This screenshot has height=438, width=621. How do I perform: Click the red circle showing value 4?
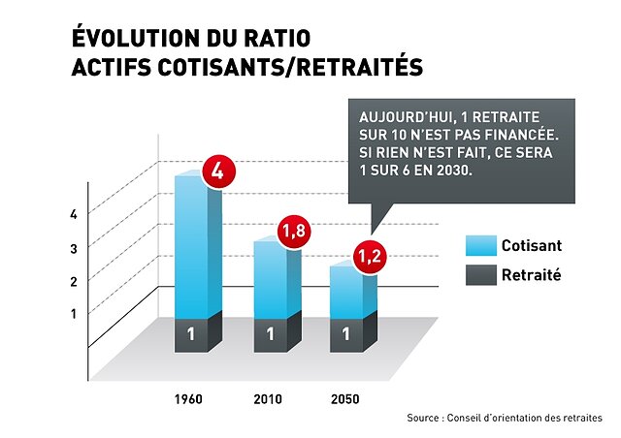tap(217, 173)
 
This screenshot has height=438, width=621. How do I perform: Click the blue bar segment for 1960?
tap(191, 247)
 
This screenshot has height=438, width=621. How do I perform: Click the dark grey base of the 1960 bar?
tap(191, 335)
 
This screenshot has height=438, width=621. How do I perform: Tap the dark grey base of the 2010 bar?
tap(269, 335)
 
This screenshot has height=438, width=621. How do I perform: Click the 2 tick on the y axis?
tap(74, 280)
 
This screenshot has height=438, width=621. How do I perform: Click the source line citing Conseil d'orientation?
tap(505, 418)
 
